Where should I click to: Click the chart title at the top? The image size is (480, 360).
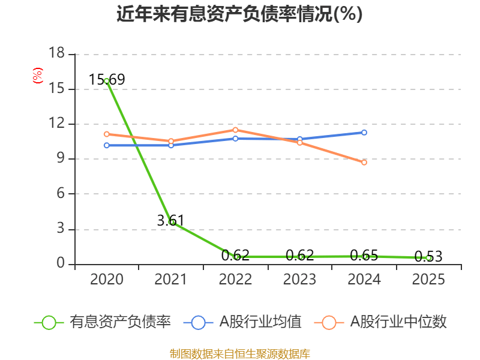239,14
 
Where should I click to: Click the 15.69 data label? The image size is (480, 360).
107,79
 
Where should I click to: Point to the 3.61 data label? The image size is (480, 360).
170,220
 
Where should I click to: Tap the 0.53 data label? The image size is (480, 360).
428,257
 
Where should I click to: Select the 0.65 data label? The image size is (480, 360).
364,256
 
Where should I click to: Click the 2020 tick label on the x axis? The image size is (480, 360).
107,280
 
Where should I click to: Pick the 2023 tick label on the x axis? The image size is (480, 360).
299,280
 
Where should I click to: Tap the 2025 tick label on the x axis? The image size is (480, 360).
428,280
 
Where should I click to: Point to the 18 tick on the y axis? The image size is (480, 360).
56,54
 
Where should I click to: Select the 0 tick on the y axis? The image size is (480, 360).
61,264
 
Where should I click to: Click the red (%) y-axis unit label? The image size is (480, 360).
37,76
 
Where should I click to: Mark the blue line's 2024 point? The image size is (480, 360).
364,132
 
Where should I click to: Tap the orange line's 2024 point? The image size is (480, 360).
364,163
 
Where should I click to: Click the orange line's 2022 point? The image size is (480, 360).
235,130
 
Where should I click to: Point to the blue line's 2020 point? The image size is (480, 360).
107,145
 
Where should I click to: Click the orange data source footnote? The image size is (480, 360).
239,353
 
